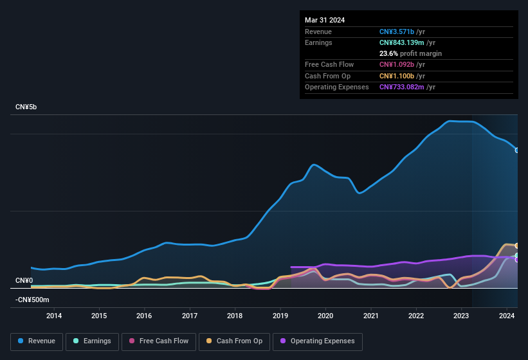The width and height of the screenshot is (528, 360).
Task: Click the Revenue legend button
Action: coord(37,341)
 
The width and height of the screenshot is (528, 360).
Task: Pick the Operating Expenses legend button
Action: coord(318,341)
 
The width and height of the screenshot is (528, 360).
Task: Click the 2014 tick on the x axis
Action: coord(54,316)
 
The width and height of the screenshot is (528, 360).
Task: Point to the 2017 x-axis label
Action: coord(190,316)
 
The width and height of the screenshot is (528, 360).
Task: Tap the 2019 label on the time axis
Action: coord(280,316)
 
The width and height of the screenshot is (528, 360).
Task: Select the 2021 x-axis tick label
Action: coord(371,316)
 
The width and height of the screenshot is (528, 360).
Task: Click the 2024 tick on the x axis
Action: coord(507,316)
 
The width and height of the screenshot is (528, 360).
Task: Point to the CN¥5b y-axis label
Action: coord(26,107)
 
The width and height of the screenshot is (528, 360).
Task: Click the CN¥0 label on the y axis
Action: coord(24,281)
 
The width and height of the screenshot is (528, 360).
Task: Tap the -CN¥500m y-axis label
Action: coord(32,300)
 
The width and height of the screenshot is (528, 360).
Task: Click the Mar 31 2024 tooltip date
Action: coord(325,20)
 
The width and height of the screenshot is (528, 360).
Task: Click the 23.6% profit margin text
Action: coord(410,53)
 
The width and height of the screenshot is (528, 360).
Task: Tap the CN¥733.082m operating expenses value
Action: coord(402,87)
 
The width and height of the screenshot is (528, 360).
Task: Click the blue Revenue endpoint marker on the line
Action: coord(516,150)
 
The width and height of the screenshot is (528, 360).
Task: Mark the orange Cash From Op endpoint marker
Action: coord(516,246)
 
